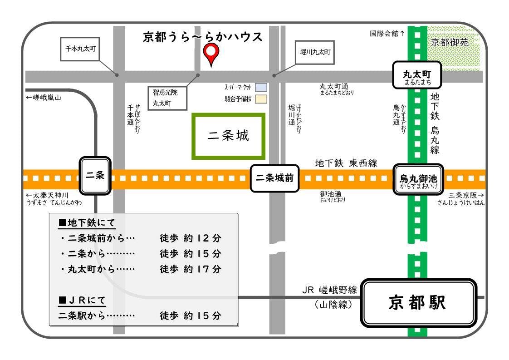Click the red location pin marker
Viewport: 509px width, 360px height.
[210, 54]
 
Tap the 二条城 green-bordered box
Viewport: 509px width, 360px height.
[228, 136]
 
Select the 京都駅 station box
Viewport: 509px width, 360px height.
[418, 303]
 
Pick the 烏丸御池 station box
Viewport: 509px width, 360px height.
[418, 179]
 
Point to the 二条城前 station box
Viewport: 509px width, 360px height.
[275, 178]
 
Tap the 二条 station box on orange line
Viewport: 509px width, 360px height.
[95, 176]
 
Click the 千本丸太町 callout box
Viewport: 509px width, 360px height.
[80, 49]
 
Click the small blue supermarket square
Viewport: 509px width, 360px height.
[261, 87]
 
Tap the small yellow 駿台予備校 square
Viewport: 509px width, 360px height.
[261, 99]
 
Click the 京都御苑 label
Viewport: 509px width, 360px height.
[450, 42]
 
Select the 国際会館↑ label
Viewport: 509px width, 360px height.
[387, 34]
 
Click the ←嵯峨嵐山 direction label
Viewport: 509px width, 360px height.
[44, 98]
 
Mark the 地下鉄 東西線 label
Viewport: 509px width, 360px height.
[346, 163]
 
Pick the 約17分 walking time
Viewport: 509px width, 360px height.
[202, 269]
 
